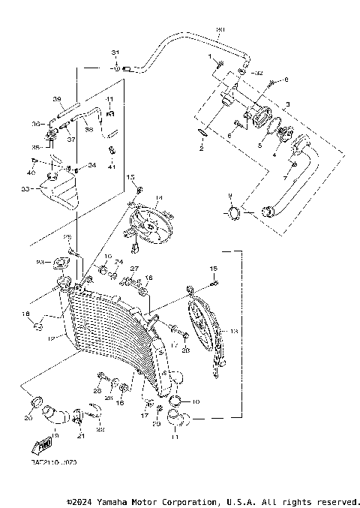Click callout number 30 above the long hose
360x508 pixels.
pyautogui.click(x=220, y=31)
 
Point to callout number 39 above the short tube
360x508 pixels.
pyautogui.click(x=56, y=99)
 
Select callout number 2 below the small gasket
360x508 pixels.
pyautogui.click(x=200, y=149)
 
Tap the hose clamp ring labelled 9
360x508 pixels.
pyautogui.click(x=232, y=213)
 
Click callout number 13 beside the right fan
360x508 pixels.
pyautogui.click(x=235, y=330)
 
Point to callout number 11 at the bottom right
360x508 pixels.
pyautogui.click(x=176, y=435)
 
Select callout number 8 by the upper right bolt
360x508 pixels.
pyautogui.click(x=285, y=80)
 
